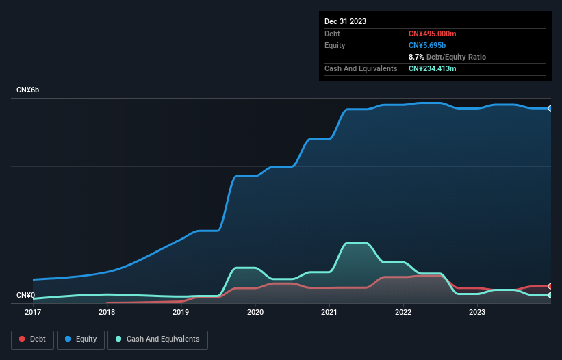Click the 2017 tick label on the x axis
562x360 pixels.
(32, 313)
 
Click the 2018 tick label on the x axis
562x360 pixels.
(107, 313)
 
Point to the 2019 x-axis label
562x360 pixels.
(181, 313)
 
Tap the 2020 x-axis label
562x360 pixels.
(255, 313)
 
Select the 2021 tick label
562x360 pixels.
(329, 313)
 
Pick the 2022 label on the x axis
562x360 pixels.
(403, 313)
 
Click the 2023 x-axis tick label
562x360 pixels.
(477, 313)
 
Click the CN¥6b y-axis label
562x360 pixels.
(28, 90)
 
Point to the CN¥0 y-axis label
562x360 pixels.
(25, 296)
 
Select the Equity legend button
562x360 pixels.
(81, 339)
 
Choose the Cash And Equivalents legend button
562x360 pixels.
(157, 339)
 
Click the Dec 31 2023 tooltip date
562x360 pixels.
(345, 21)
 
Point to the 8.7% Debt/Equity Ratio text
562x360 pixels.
(447, 57)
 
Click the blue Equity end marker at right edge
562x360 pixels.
(550, 108)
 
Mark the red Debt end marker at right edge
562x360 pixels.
(550, 286)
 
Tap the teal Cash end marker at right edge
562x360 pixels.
(550, 295)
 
